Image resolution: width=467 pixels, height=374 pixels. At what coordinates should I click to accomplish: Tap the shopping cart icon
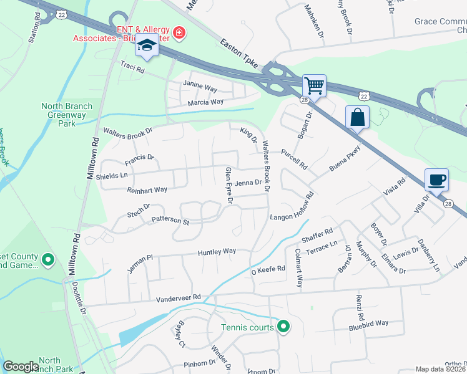(x=314, y=85)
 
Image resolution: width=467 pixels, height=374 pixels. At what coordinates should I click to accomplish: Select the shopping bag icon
(x=357, y=117)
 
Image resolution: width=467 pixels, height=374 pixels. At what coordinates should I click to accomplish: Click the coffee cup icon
(x=436, y=180)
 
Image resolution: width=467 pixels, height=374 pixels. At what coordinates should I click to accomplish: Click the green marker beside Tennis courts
(x=283, y=327)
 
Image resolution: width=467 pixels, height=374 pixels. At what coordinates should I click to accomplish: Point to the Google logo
(x=21, y=367)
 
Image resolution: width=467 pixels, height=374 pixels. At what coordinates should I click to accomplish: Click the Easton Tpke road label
(x=240, y=52)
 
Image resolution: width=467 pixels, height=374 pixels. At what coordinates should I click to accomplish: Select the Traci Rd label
(x=132, y=66)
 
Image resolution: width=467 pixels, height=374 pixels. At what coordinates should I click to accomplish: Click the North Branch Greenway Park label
(x=67, y=115)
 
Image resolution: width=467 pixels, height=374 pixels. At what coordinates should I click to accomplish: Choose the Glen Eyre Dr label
(x=229, y=186)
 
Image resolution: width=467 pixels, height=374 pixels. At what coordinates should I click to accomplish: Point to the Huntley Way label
(x=217, y=252)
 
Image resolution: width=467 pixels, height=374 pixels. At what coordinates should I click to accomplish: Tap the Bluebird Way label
(x=368, y=324)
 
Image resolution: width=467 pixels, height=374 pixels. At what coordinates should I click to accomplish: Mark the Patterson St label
(x=170, y=221)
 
